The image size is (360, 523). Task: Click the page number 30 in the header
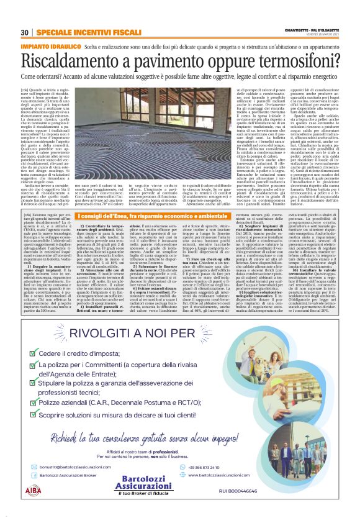[x=25, y=32]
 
